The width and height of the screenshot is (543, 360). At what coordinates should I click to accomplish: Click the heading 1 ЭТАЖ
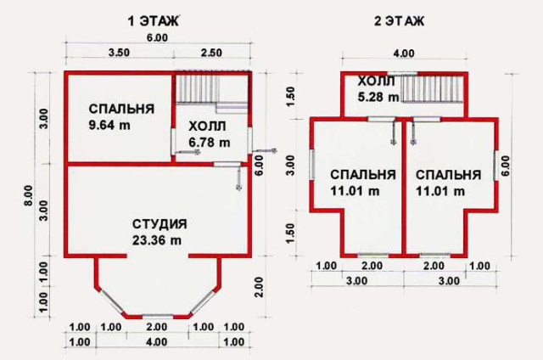point(154,21)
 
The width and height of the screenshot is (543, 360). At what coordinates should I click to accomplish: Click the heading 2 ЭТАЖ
point(399,21)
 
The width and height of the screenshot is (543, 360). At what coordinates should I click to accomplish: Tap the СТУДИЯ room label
point(160,224)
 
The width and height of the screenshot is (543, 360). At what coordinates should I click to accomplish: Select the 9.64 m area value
point(109,125)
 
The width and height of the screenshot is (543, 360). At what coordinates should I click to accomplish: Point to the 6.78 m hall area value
point(210,142)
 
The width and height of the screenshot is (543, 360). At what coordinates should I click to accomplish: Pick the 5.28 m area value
point(378,97)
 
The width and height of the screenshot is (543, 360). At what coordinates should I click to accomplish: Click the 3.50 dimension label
point(119,53)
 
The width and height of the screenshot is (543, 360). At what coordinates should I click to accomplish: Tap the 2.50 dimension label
point(211,53)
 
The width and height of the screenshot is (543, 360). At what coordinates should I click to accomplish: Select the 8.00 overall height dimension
point(28,196)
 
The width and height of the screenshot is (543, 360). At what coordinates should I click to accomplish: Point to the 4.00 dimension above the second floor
point(404,53)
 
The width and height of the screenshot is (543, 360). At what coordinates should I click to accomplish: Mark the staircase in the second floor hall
point(432,89)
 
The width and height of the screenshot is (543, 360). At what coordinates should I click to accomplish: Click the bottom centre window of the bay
point(158,317)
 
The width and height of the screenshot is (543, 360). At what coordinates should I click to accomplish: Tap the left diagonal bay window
point(112,301)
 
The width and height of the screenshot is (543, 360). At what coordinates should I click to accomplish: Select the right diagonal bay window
point(203,301)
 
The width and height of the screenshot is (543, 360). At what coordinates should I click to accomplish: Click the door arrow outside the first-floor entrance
point(265,151)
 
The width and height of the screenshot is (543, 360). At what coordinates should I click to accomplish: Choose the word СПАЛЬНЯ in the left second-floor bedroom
point(363,175)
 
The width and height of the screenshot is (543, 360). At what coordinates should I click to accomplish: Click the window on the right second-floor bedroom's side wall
point(495,166)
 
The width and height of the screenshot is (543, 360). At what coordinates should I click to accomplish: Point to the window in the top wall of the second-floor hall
point(401,74)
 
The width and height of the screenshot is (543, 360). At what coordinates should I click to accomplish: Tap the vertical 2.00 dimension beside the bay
point(259,287)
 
